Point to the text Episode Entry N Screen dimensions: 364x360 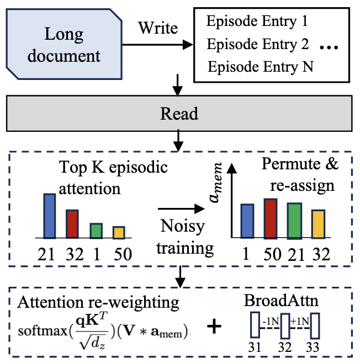(261, 67)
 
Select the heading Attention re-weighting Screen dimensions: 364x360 (99, 303)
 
